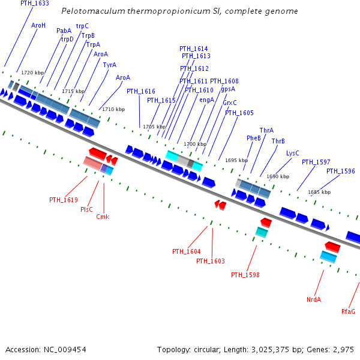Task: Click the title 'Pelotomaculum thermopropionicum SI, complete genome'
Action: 179,11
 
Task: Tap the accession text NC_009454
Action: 46,349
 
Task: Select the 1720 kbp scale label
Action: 32,73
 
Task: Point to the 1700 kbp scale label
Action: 194,144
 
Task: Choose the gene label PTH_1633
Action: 35,3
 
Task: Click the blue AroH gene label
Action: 38,25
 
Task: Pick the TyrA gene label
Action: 109,65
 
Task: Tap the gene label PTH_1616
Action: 140,91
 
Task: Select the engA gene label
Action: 206,100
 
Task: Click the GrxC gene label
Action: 230,103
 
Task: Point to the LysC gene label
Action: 293,153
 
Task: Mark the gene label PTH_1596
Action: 340,171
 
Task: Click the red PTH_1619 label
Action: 64,200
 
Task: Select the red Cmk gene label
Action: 103,217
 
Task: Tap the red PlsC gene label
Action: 86,209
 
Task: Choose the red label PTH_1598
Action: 245,275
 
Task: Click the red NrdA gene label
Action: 314,299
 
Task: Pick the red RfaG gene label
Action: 348,311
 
